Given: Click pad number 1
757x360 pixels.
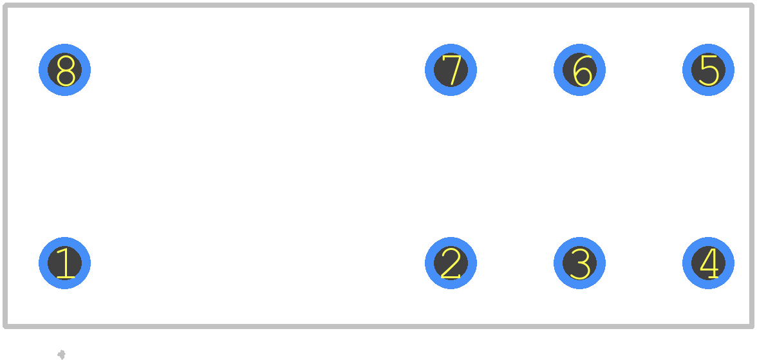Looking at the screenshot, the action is [x=64, y=263].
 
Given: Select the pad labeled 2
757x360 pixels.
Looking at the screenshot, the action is [x=451, y=263].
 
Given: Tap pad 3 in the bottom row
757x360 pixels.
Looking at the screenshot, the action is [x=579, y=263].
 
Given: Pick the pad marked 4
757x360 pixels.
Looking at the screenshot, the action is [x=708, y=263].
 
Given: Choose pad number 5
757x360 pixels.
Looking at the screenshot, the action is [x=708, y=70].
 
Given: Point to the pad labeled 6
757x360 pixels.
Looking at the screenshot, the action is [x=579, y=70].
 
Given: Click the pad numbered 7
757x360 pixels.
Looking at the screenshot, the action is [x=451, y=70].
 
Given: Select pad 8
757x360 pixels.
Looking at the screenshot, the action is [x=64, y=70].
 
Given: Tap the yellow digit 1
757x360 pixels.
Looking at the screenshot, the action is [x=66, y=263].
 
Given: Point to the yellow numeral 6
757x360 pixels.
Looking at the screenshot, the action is [x=583, y=71].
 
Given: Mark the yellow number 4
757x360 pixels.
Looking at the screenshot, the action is [x=709, y=263].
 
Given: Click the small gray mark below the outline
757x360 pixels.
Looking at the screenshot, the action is [x=61, y=355].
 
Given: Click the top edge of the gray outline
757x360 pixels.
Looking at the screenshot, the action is [x=378, y=5].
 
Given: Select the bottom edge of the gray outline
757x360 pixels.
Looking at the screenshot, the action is [x=378, y=326].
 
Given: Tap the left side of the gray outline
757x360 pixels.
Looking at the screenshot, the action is [x=5, y=166].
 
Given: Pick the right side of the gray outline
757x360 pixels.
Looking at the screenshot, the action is [x=752, y=166].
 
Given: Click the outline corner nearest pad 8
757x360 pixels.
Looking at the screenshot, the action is [x=5, y=5].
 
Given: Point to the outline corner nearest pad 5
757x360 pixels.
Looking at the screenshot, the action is [x=752, y=5].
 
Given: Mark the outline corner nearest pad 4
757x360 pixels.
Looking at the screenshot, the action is [x=752, y=326].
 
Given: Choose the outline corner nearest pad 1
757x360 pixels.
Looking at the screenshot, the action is [x=5, y=326].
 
